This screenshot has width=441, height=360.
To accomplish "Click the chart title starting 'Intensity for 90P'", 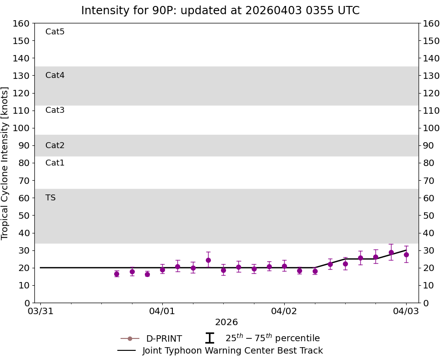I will tap(220, 11).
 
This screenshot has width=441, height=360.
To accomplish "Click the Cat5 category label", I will tap(55, 32).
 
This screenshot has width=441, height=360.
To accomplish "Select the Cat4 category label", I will tap(55, 75).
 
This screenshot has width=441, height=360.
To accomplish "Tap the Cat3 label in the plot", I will tap(55, 110).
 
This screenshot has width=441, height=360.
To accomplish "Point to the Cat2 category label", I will tap(55, 145).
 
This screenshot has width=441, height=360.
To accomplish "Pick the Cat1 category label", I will tap(55, 163).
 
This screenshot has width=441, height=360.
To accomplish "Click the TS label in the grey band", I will tap(50, 198).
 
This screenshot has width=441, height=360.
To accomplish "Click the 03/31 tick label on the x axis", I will tap(40, 311).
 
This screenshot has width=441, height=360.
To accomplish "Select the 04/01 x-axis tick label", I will tap(162, 311).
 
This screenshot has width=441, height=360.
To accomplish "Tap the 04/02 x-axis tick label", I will tap(284, 311).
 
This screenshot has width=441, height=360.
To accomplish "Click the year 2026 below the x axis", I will tap(226, 322).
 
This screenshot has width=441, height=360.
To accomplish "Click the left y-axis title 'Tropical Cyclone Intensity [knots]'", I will tap(6, 163).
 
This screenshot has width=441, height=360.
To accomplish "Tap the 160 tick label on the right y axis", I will tap(431, 23).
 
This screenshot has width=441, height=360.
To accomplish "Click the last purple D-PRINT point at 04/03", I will tap(406, 255).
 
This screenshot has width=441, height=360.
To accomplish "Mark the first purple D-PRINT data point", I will tap(116, 274).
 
